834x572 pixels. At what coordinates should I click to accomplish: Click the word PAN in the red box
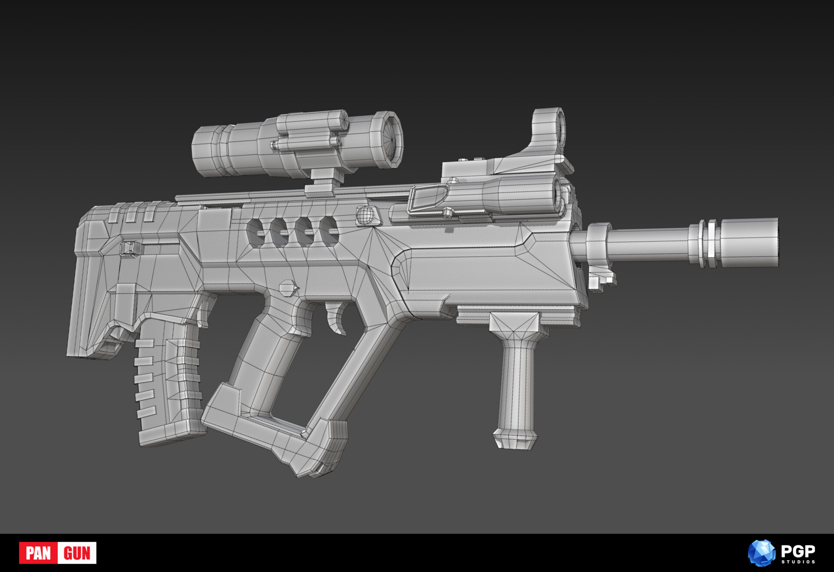tap(38, 553)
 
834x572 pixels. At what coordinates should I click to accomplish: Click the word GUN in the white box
tap(77, 553)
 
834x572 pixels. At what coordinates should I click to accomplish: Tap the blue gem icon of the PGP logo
tap(761, 553)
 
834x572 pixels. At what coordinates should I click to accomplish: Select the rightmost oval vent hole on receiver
tap(329, 231)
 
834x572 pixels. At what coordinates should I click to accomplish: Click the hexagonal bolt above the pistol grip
tap(288, 288)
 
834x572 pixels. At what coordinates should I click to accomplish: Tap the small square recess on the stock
tap(128, 248)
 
